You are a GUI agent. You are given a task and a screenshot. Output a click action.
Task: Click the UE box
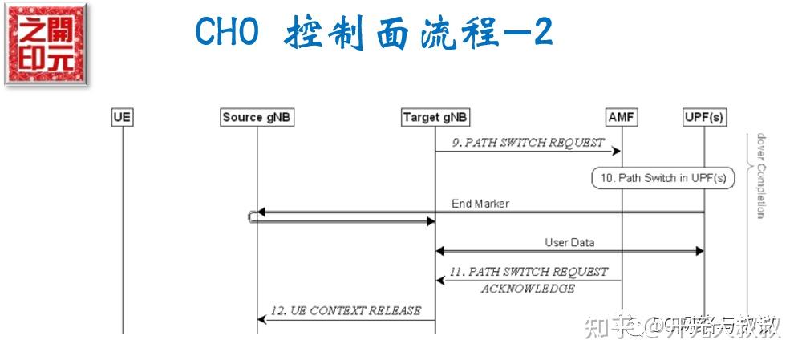tap(122, 118)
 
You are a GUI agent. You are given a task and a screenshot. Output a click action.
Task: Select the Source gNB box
tap(257, 118)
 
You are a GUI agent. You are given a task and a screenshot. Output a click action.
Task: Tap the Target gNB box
tap(435, 118)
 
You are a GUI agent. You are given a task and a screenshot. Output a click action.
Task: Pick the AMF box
tap(622, 118)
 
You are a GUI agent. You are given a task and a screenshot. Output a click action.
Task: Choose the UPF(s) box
tap(703, 118)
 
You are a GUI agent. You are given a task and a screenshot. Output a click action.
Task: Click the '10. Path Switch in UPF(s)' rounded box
tap(662, 178)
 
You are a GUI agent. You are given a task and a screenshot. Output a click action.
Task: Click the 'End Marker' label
tap(480, 204)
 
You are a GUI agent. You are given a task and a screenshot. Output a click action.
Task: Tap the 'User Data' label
tap(569, 241)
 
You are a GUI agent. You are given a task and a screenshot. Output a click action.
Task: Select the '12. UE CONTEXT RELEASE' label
tap(346, 310)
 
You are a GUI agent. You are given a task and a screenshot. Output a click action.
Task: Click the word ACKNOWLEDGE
tap(527, 289)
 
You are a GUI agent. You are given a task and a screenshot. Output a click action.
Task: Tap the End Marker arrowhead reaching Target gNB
tap(430, 220)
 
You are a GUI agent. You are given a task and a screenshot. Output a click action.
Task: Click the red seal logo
tap(46, 43)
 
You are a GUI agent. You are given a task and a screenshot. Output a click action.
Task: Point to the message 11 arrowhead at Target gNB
tap(439, 280)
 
